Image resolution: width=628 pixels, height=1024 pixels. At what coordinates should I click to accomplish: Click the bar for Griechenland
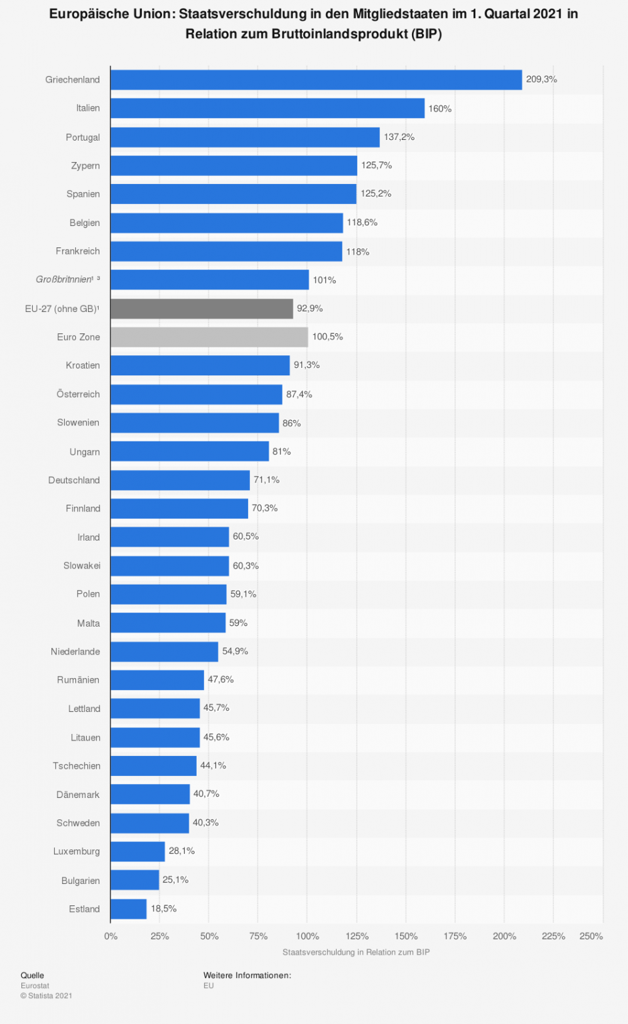coord(316,79)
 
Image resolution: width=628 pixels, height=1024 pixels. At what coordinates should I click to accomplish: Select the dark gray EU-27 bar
coord(201,309)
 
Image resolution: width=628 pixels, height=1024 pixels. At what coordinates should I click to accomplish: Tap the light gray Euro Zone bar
coord(209,337)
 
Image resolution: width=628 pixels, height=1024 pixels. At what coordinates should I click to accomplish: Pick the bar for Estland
coord(128,909)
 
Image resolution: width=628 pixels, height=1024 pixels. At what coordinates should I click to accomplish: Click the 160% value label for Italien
coord(440,109)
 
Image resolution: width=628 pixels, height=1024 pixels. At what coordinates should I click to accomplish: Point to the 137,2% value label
coord(399,137)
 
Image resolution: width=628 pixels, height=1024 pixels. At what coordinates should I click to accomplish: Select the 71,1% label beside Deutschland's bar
coord(267,480)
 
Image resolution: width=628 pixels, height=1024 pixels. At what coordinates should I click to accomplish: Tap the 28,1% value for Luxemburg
coord(182,851)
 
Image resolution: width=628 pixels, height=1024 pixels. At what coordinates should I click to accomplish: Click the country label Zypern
coord(85,165)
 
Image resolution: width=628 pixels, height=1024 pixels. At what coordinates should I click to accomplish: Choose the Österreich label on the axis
coord(78,394)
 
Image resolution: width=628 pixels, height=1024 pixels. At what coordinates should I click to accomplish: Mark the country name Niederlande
coord(75,651)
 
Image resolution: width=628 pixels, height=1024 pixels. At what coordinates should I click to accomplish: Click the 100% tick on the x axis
coord(307,936)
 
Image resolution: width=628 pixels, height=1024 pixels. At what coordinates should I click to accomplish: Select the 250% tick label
coord(591,936)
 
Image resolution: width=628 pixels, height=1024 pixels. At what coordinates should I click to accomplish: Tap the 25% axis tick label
coord(159,936)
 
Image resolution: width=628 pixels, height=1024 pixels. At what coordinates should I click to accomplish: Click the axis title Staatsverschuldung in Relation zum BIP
coord(356,952)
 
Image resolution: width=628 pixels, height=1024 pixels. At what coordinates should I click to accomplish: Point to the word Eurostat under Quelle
coord(35,985)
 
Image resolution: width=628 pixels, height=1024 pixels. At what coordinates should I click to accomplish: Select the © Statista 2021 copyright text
coord(46,995)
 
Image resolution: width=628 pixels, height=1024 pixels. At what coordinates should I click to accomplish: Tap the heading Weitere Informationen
coord(247,975)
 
